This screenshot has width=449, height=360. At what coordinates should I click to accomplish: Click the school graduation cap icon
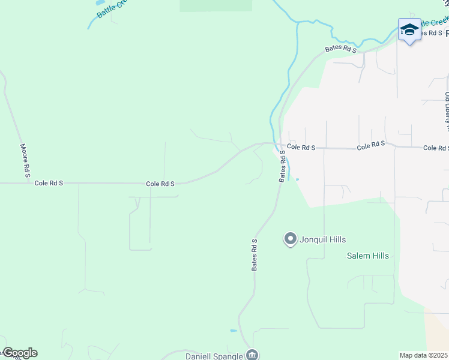(409, 29)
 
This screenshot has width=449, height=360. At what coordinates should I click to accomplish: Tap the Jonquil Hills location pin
(291, 239)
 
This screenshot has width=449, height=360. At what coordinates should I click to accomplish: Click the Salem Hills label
(368, 256)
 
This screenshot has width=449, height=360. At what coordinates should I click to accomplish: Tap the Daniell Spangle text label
(214, 356)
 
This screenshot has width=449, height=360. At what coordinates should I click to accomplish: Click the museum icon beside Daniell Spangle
(253, 355)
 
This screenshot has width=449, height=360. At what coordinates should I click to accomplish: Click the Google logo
(19, 353)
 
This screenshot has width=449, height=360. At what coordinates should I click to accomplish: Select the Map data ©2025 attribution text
(424, 355)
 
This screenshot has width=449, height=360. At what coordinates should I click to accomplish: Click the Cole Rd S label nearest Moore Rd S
(49, 183)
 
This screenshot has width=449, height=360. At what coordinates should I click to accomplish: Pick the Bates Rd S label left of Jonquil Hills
(255, 254)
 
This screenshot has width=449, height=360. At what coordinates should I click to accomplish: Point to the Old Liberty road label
(447, 111)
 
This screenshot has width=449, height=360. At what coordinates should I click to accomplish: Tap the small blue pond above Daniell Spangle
(233, 331)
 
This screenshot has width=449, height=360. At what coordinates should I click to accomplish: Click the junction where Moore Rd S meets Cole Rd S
(28, 183)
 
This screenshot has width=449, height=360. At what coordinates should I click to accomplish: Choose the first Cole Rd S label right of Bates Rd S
(301, 146)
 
